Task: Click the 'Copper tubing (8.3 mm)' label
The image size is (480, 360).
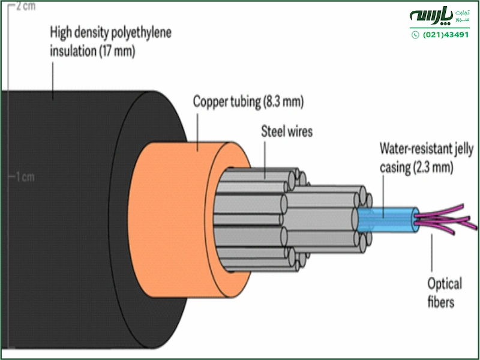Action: pos(248,101)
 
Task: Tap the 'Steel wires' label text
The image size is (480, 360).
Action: pos(287,131)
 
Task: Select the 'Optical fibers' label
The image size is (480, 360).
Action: pos(445,292)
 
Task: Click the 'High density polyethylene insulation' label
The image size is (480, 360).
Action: pos(110,42)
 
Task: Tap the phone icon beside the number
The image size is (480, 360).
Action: pos(415,35)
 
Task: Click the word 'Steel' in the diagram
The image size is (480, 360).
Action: pos(274,131)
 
